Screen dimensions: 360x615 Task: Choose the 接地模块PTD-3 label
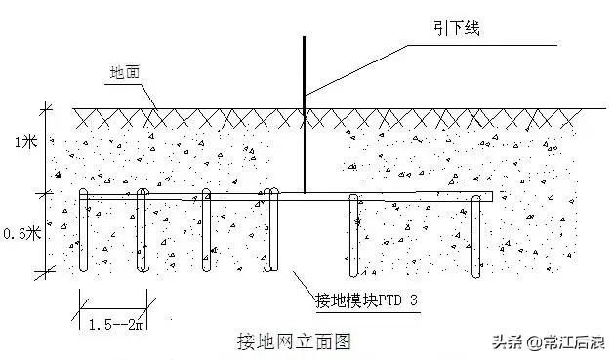tap(366, 300)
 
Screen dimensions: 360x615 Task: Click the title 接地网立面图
tap(293, 341)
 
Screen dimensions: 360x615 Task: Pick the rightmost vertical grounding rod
tap(478, 234)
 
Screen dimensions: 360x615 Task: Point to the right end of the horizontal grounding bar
tap(490, 197)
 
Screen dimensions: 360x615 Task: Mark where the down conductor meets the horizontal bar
tap(304, 193)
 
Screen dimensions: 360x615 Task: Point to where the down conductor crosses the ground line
tap(304, 107)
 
